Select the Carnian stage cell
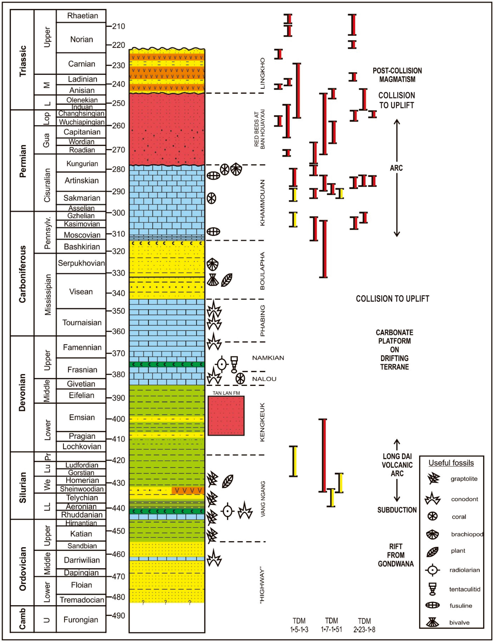click(82, 64)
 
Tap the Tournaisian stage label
click(82, 323)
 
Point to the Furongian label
click(81, 620)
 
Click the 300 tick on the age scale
click(118, 213)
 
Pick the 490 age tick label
click(118, 616)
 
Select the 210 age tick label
click(118, 26)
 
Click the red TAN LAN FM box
click(226, 415)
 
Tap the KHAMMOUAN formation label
click(262, 203)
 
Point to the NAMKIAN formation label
click(268, 358)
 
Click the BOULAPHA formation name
click(262, 271)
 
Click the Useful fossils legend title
click(451, 463)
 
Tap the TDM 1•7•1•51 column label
click(331, 625)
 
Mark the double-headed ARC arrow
click(397, 178)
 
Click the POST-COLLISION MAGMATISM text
click(397, 75)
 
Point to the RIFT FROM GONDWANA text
click(396, 555)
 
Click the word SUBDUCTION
click(397, 510)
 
